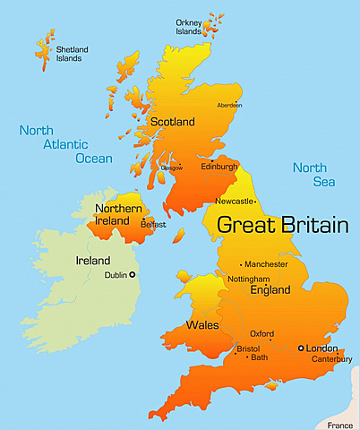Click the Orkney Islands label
188,26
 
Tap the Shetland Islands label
68,54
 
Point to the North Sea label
309,175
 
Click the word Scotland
173,121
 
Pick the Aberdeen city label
229,105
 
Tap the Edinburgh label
219,167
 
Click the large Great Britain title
283,225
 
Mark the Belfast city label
153,224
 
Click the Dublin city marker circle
133,275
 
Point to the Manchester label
267,264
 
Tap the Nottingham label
250,279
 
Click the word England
270,291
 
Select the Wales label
201,324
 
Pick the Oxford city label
261,332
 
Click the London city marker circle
301,348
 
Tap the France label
339,425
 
